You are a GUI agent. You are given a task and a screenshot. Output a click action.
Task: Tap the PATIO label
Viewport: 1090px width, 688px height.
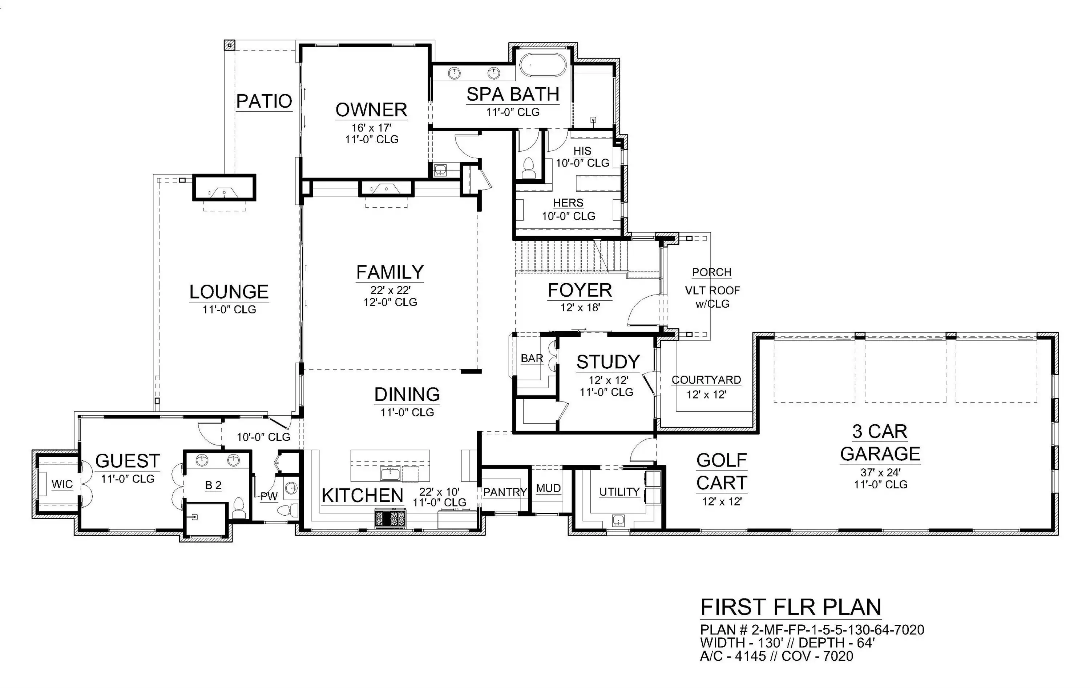pyautogui.click(x=265, y=101)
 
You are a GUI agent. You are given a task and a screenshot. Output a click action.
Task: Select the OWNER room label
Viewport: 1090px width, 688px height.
pyautogui.click(x=371, y=109)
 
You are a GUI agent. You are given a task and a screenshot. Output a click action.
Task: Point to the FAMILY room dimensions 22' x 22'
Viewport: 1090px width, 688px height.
pyautogui.click(x=390, y=290)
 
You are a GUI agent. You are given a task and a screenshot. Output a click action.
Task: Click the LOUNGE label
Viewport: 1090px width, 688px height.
pyautogui.click(x=229, y=292)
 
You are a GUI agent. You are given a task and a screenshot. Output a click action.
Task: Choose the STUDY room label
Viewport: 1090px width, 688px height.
pyautogui.click(x=608, y=362)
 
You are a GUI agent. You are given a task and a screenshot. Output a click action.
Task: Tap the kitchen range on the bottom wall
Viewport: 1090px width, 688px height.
pyautogui.click(x=390, y=518)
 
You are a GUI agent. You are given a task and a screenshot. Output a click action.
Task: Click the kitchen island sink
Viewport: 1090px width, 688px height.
pyautogui.click(x=390, y=474)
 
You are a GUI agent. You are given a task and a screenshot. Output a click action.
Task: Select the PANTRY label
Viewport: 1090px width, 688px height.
pyautogui.click(x=505, y=492)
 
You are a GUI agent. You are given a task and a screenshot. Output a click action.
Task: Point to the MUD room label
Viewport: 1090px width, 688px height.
pyautogui.click(x=548, y=488)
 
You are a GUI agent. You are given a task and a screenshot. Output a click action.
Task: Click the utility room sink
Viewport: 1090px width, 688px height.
pyautogui.click(x=618, y=520)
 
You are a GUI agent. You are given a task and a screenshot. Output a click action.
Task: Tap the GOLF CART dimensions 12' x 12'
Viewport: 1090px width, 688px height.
pyautogui.click(x=722, y=501)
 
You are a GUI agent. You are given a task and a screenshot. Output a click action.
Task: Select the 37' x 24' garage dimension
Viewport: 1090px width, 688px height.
pyautogui.click(x=880, y=472)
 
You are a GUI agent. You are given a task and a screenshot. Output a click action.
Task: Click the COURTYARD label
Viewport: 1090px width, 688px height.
pyautogui.click(x=706, y=380)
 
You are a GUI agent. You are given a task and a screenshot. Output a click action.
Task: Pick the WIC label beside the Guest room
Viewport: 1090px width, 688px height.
pyautogui.click(x=62, y=484)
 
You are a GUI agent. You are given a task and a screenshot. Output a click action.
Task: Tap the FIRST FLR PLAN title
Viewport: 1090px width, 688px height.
pyautogui.click(x=791, y=607)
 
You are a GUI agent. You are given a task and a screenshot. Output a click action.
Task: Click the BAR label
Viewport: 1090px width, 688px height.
pyautogui.click(x=532, y=358)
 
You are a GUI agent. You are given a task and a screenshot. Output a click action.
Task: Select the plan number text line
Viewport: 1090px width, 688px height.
pyautogui.click(x=812, y=629)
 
